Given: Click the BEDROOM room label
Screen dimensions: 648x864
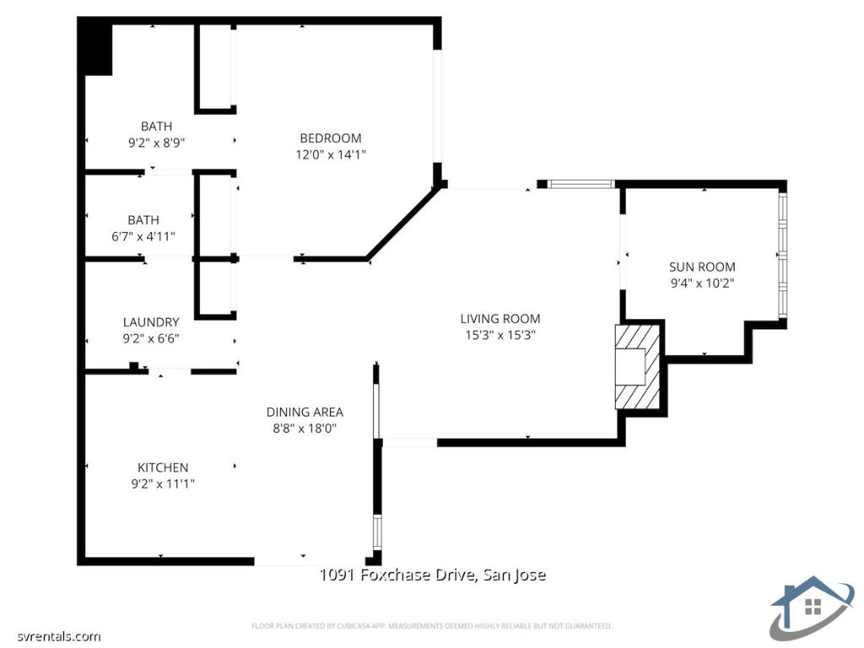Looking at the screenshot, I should click(x=331, y=138).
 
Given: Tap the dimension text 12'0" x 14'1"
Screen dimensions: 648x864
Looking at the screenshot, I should click(x=331, y=154).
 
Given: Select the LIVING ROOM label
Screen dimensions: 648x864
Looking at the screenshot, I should click(x=499, y=319).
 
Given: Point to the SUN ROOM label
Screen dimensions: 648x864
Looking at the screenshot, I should click(x=702, y=267).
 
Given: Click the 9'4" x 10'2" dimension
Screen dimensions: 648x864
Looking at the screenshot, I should click(x=702, y=283).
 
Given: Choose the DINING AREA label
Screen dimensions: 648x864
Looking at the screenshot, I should click(x=305, y=412).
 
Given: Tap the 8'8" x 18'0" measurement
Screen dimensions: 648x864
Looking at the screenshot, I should click(x=305, y=428).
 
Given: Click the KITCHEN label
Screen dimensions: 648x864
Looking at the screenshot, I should click(x=163, y=467).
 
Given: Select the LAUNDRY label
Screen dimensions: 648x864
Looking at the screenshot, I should click(x=151, y=322).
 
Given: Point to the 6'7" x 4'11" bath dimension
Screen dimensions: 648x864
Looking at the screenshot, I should click(x=143, y=237).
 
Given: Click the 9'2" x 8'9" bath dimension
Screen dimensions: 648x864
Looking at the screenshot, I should click(x=156, y=143).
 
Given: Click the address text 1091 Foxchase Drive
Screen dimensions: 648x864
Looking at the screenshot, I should click(x=432, y=575).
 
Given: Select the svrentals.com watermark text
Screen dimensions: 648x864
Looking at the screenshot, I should click(x=51, y=636).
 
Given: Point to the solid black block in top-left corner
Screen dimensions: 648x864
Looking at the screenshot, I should click(x=95, y=47).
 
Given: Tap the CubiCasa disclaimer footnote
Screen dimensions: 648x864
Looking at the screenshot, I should click(x=431, y=626).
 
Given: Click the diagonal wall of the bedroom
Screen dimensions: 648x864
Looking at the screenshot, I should click(x=403, y=224).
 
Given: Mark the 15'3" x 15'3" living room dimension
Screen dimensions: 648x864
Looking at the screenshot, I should click(x=499, y=335).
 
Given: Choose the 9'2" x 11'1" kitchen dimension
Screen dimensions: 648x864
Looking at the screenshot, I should click(x=163, y=483).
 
